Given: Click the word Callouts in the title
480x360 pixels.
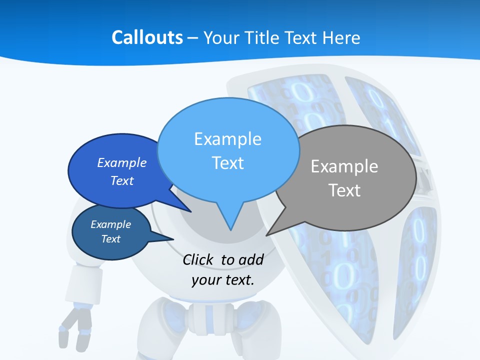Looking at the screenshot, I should pos(147,37).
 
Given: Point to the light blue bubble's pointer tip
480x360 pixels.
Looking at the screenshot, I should pos(230,229).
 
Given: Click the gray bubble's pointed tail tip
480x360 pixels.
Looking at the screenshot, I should pos(267,235).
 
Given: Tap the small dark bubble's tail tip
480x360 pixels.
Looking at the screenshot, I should pos(173,239).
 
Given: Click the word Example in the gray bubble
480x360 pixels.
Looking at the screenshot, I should pos(344,166).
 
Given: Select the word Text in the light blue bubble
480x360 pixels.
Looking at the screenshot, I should pos(228,163).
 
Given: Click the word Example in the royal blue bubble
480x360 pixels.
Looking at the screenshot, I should pos(122,162).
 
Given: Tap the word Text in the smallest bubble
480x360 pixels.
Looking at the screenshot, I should pos(110,239).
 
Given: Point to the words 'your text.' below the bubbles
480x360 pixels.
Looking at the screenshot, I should pos(222,279).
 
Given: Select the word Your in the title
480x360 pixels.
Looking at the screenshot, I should pos(221,37).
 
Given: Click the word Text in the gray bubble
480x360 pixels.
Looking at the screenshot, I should pos(344,190).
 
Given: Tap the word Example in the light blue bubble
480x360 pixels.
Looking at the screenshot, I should pos(228,138).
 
